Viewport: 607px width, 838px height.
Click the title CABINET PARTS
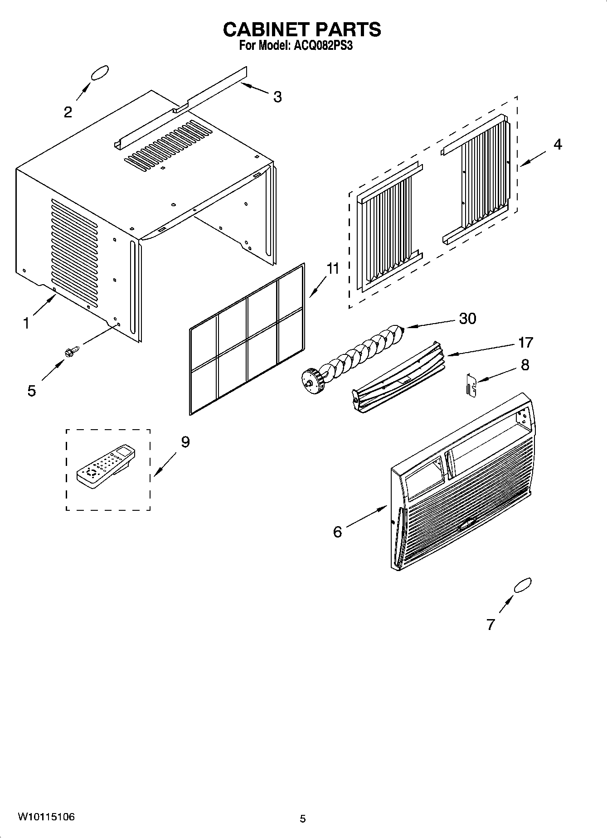(302, 29)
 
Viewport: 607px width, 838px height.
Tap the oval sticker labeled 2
(100, 73)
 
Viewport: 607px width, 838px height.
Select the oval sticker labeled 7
(522, 585)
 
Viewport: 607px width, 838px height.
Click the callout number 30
(467, 319)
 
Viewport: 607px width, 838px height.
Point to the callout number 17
(525, 342)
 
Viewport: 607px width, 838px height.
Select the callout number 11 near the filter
(333, 269)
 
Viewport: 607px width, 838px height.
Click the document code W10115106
(46, 817)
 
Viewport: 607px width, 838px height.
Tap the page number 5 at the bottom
(303, 819)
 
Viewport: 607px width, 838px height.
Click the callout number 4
(558, 145)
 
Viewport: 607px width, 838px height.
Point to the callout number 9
(185, 442)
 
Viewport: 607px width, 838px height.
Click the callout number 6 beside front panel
(337, 532)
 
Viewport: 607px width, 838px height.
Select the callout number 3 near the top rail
(277, 97)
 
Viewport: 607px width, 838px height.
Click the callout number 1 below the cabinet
(26, 323)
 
